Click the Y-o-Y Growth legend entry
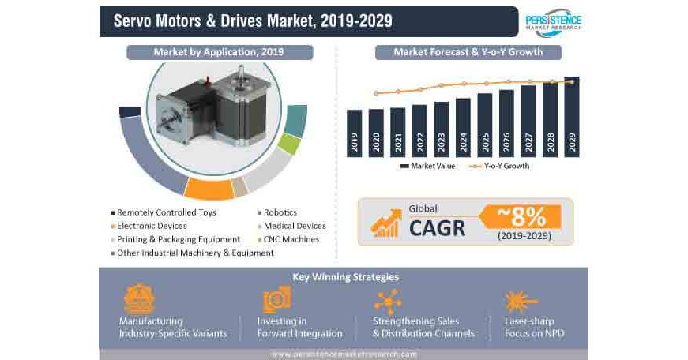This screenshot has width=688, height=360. pos(498,166)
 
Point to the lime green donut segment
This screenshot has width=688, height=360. pos(289,145)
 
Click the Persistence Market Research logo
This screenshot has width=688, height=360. pos(553,21)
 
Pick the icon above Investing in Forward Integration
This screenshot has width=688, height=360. pos(278,300)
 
